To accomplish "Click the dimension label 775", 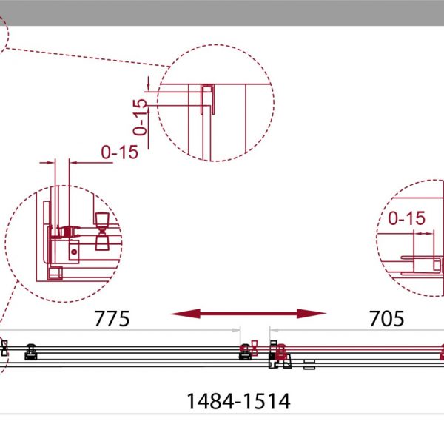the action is pyautogui.click(x=112, y=318).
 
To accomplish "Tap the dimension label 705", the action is pyautogui.click(x=386, y=318).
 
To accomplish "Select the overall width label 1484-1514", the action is pyautogui.click(x=238, y=401).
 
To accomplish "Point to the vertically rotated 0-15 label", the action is pyautogui.click(x=140, y=117).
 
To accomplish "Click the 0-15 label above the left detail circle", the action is pyautogui.click(x=119, y=152).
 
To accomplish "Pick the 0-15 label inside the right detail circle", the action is pyautogui.click(x=406, y=218).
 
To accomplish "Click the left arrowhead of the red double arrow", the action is pyautogui.click(x=186, y=314).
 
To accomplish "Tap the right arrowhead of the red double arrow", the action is pyautogui.click(x=312, y=314).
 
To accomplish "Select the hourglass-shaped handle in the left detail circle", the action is pyautogui.click(x=102, y=232).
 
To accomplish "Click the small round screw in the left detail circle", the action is pyautogui.click(x=74, y=252).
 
